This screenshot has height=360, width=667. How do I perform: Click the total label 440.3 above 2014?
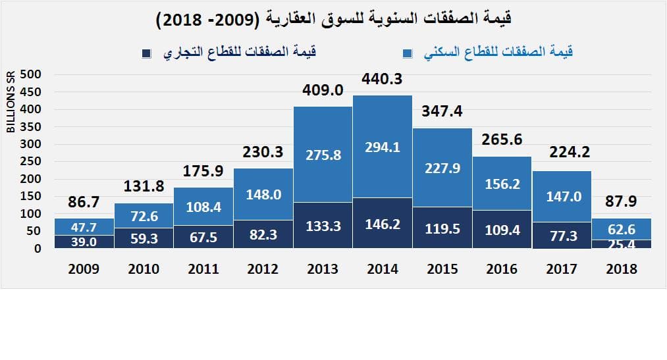(x=382, y=80)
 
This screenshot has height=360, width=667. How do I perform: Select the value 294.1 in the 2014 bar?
(x=382, y=147)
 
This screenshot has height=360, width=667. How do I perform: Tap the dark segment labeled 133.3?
(x=323, y=226)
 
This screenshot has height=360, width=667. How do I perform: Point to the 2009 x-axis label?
(x=84, y=269)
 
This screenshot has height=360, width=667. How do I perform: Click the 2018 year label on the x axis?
(x=621, y=269)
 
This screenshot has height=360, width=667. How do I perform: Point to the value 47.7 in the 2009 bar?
(x=84, y=226)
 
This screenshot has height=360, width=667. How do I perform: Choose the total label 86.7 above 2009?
(x=84, y=203)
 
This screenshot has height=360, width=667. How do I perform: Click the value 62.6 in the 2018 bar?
(x=621, y=230)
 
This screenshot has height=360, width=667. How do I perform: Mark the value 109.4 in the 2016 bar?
(x=502, y=230)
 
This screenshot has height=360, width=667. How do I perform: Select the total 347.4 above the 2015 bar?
(x=442, y=111)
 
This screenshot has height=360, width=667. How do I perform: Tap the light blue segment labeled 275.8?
(x=323, y=155)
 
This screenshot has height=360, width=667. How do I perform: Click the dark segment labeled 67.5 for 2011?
(x=203, y=237)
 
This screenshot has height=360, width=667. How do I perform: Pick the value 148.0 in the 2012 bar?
(x=263, y=195)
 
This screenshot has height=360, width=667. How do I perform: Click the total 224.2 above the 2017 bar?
(x=562, y=153)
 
